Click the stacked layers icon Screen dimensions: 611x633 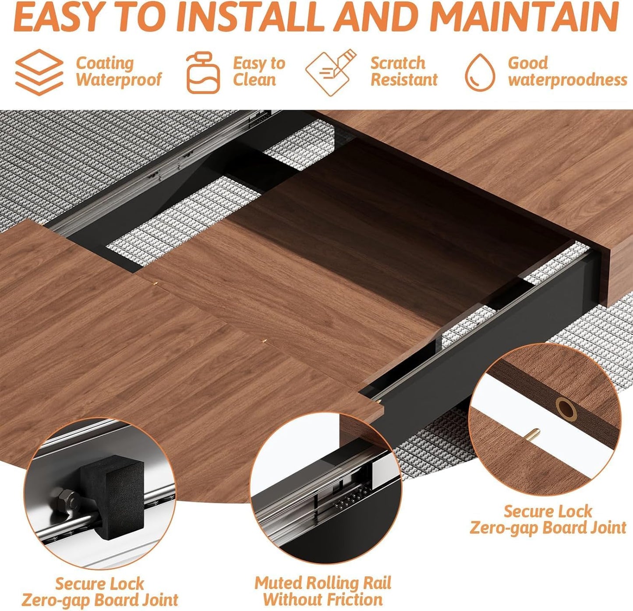tap(39, 72)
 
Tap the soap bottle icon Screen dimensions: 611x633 tap(203, 72)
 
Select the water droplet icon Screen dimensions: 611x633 tap(480, 72)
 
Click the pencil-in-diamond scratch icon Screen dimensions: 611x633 tap(331, 72)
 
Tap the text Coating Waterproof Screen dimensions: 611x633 tap(118, 71)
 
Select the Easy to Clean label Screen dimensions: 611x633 tap(258, 71)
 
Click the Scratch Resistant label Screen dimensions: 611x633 tap(403, 71)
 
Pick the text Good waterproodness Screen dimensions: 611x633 tap(567, 71)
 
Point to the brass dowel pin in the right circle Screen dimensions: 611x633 tap(533, 434)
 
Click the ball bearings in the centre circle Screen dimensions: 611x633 tap(350, 498)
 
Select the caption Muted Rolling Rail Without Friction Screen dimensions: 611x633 tap(323, 591)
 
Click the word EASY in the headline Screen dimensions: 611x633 tap(61, 18)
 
